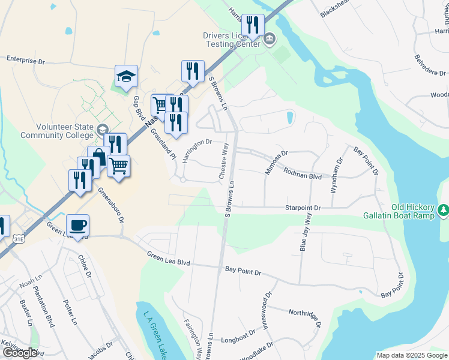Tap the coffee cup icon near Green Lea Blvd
click(x=77, y=226)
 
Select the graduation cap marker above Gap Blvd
click(x=126, y=76)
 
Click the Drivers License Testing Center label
click(x=232, y=40)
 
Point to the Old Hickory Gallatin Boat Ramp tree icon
click(x=444, y=209)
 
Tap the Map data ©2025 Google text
click(x=412, y=355)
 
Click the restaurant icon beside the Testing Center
click(x=253, y=25)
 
